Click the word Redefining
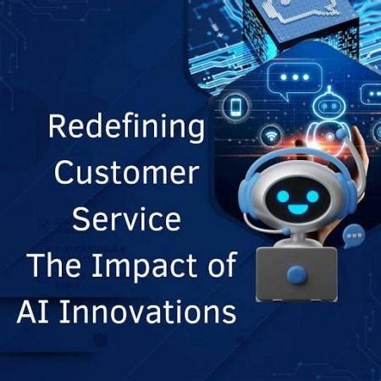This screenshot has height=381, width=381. coord(126,128)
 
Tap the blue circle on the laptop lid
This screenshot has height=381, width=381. coord(295,273)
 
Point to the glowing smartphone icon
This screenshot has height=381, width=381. coord(236,108)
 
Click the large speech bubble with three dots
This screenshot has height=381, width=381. coord(295,78)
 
